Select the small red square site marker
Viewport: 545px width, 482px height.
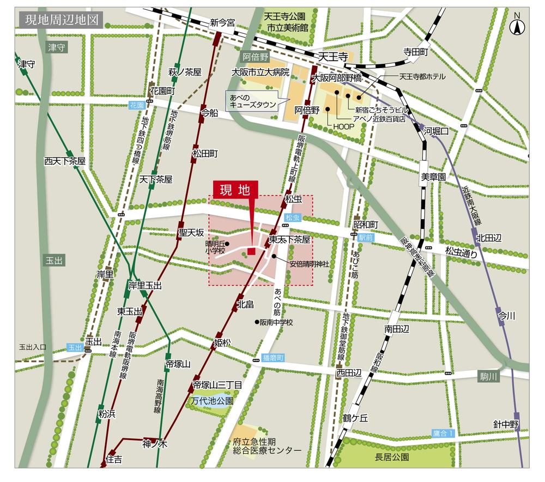coord(251,251)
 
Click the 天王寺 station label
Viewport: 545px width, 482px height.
coord(333,56)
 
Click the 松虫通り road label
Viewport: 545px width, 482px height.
coord(461,252)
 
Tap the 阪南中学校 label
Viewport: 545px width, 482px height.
coord(276,322)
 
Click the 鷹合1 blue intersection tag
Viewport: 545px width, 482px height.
coord(443,433)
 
